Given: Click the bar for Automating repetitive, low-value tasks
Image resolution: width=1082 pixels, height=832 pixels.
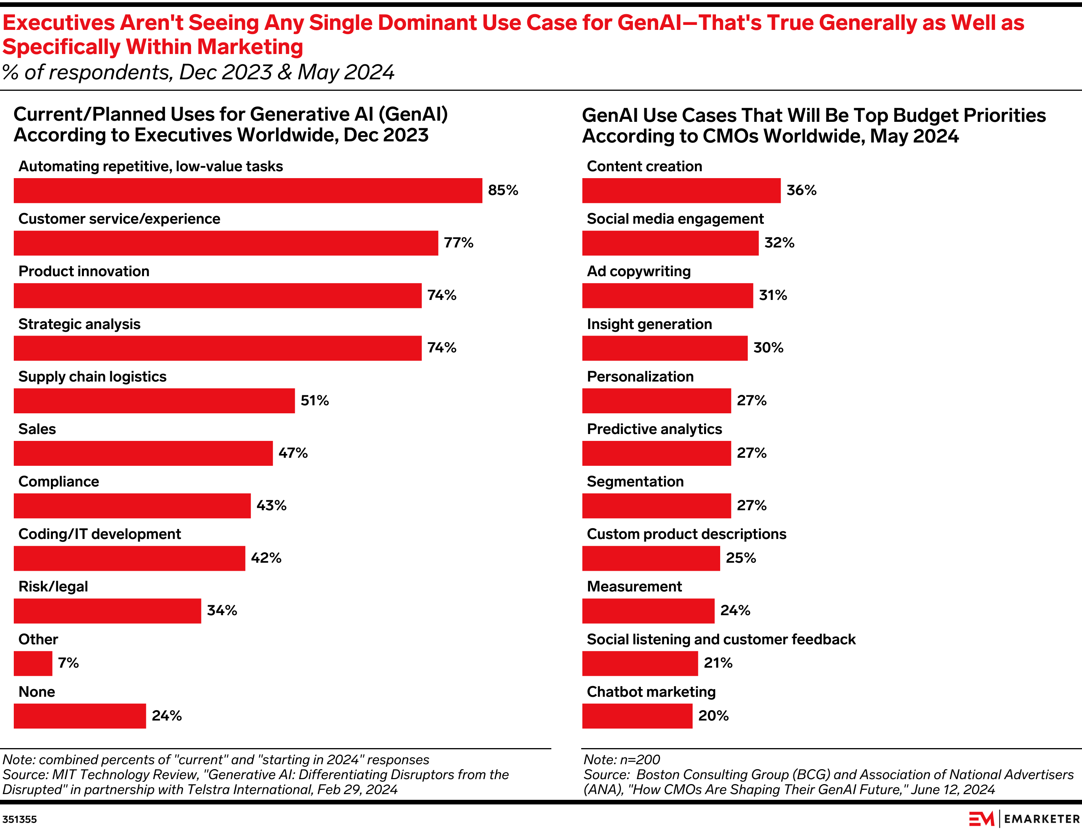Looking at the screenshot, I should [x=247, y=191].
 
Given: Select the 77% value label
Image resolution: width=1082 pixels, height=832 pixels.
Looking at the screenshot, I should [x=458, y=243].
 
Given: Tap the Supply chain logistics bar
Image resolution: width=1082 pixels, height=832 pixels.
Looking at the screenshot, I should [x=154, y=401].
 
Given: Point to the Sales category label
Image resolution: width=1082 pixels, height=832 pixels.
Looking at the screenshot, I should [x=37, y=429].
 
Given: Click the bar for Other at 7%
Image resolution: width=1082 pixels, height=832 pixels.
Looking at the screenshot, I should [x=33, y=663].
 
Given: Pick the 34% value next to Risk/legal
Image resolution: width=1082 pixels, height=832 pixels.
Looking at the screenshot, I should [x=222, y=610].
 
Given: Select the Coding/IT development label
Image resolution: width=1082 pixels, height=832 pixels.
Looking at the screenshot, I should [x=100, y=534].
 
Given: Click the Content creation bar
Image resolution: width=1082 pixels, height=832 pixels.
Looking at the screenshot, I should [x=681, y=191].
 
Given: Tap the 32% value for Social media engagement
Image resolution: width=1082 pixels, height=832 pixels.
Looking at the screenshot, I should [x=779, y=243].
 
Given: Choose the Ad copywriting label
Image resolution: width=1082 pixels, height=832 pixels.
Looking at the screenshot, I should [x=639, y=271].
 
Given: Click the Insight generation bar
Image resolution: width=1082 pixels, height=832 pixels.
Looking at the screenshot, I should [x=665, y=348].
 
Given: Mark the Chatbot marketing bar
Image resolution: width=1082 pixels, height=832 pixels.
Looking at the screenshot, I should [x=637, y=716].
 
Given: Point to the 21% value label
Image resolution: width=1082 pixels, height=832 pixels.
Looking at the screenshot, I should [x=718, y=663].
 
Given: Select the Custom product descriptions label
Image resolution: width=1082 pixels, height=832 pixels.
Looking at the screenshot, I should [x=686, y=534].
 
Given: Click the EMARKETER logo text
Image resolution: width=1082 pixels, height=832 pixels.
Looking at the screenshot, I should [x=1041, y=819].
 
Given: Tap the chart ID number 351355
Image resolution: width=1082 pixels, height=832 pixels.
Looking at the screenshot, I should [x=20, y=819].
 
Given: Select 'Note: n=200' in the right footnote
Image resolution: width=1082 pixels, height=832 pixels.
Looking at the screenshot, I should [x=622, y=759].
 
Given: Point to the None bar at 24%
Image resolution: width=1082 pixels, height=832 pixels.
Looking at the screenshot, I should [x=80, y=716].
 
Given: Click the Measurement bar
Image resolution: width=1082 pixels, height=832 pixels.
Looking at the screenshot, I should [x=648, y=611].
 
